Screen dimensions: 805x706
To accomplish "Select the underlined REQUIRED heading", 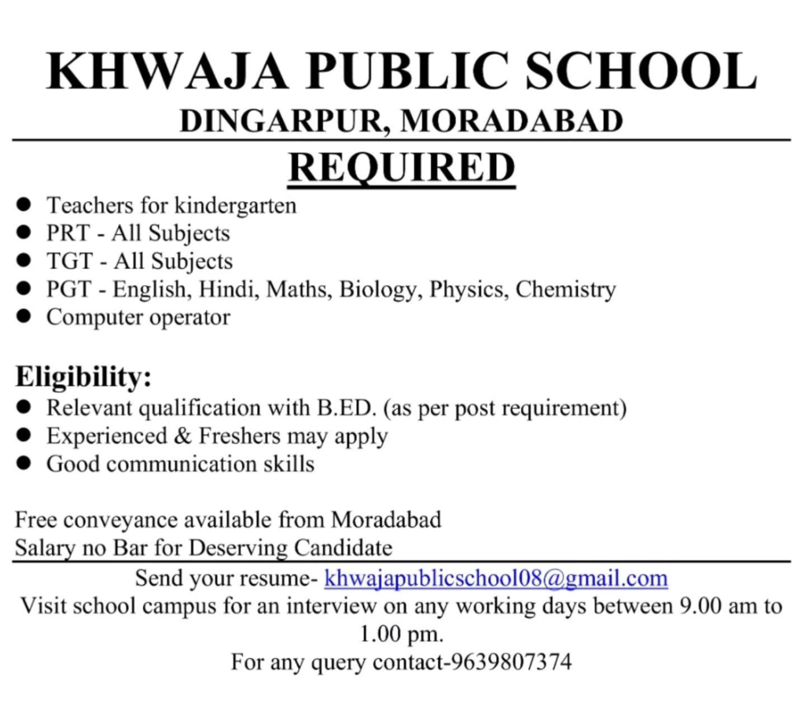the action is [401, 167].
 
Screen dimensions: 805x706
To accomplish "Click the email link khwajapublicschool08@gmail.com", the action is [496, 579].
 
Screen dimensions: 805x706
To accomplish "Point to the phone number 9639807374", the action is [511, 662].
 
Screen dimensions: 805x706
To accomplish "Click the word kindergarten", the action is [235, 206].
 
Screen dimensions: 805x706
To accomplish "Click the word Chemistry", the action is [565, 289].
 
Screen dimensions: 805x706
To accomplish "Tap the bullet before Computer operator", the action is [24, 318].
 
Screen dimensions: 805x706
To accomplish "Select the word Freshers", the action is [240, 436].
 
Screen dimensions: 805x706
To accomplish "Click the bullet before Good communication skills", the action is [24, 464].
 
